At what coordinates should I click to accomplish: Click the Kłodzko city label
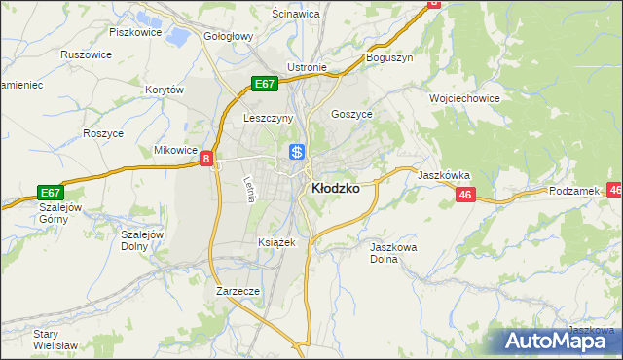334,189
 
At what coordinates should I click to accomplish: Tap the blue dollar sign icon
298,152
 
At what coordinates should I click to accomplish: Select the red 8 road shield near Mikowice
207,159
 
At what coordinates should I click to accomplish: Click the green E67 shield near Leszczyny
266,84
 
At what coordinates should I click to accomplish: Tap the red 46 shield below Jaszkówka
464,196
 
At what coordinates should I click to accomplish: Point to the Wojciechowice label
464,98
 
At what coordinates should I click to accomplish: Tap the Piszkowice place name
134,31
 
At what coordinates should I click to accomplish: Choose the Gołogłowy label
228,36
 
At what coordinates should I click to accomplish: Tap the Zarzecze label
238,290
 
